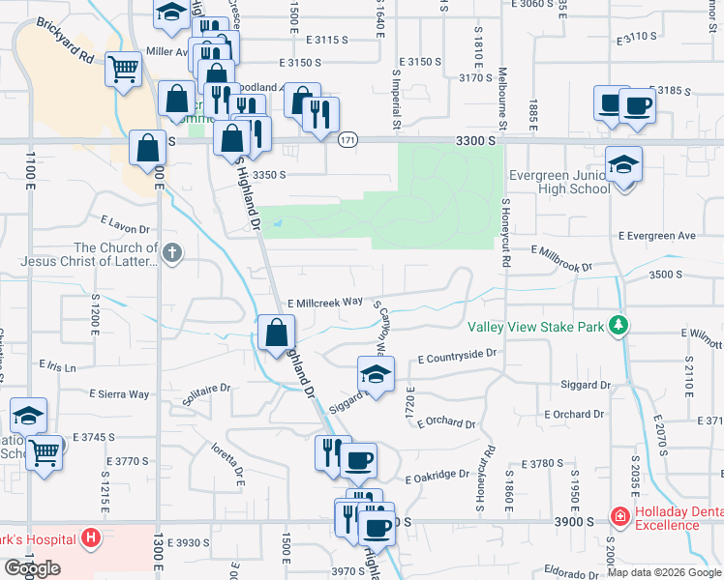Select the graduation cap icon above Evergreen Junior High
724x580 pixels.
point(623,166)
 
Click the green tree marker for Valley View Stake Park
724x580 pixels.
point(617,327)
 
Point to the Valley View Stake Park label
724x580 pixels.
point(536,327)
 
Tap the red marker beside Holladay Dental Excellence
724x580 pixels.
point(619,518)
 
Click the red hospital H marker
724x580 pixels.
point(90,537)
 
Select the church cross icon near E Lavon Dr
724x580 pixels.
point(172,254)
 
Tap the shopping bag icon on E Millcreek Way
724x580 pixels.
point(277,333)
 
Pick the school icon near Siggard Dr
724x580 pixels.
point(376,374)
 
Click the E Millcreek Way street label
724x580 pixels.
point(323,303)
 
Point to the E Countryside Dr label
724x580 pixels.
point(457,356)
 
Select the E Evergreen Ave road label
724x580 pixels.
point(658,235)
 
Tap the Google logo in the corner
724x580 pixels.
point(32,568)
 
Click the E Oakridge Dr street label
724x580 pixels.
point(437,476)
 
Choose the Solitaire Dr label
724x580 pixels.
point(206,389)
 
